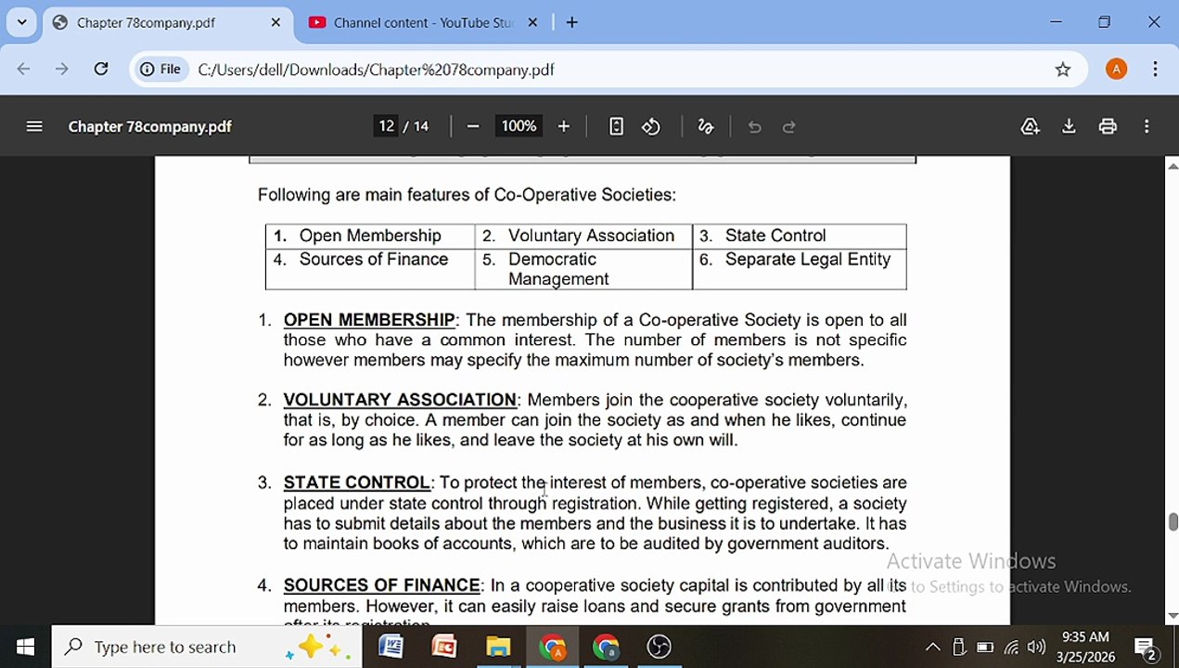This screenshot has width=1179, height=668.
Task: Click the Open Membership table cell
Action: click(x=370, y=236)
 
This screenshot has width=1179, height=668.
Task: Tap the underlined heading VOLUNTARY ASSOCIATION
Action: click(x=400, y=400)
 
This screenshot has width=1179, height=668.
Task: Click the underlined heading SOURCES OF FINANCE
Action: click(x=381, y=585)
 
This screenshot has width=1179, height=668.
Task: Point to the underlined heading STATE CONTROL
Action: click(x=356, y=482)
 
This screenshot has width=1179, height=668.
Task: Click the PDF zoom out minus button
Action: click(x=473, y=126)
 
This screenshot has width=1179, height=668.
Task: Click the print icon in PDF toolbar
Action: click(x=1108, y=126)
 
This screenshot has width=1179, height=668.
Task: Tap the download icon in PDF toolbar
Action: click(x=1069, y=126)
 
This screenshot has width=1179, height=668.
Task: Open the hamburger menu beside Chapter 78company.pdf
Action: click(x=34, y=126)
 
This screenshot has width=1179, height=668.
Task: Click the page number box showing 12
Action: click(x=386, y=126)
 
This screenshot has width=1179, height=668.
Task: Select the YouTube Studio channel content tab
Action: click(x=422, y=22)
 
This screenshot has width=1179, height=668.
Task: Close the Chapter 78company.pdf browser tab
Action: click(x=276, y=22)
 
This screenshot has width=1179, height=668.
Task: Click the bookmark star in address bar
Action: click(x=1063, y=70)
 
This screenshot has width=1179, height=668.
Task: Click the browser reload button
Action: click(x=101, y=70)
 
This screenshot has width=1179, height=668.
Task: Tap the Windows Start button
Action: click(x=25, y=647)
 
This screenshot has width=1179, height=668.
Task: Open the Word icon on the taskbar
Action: click(x=391, y=647)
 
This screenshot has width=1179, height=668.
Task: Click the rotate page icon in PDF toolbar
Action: click(x=651, y=126)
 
